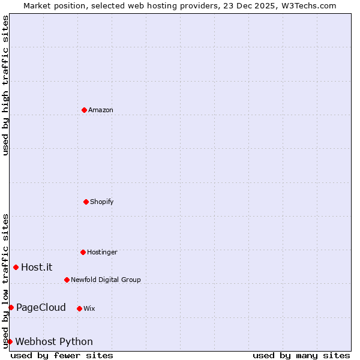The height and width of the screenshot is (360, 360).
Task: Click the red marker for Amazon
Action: [84, 110]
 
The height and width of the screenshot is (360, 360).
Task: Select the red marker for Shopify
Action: [86, 202]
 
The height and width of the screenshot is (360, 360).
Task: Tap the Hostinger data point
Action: [83, 252]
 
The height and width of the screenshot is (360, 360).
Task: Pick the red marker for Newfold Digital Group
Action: [67, 280]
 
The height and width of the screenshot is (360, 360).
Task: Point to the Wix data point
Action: [79, 308]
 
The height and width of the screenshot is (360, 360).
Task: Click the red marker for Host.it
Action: [16, 267]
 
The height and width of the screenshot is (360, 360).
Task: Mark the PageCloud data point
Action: [11, 308]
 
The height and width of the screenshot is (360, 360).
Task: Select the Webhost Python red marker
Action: [10, 341]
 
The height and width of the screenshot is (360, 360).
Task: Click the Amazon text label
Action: [101, 110]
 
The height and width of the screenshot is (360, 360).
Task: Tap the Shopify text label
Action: [102, 202]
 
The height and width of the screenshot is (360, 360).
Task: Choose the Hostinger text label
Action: [102, 252]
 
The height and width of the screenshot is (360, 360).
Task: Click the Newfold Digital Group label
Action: [106, 280]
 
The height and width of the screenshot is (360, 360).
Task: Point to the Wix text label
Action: [89, 308]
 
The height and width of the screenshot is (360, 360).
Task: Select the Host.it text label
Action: [37, 267]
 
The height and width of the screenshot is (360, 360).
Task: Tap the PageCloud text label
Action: [41, 308]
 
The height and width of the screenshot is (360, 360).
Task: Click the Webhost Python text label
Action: [54, 342]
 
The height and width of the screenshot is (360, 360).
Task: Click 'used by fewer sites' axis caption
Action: [62, 355]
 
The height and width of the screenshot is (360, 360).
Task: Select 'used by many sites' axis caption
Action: [301, 355]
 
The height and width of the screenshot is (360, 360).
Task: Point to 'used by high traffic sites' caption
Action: [5, 85]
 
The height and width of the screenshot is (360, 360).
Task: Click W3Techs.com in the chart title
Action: [308, 5]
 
